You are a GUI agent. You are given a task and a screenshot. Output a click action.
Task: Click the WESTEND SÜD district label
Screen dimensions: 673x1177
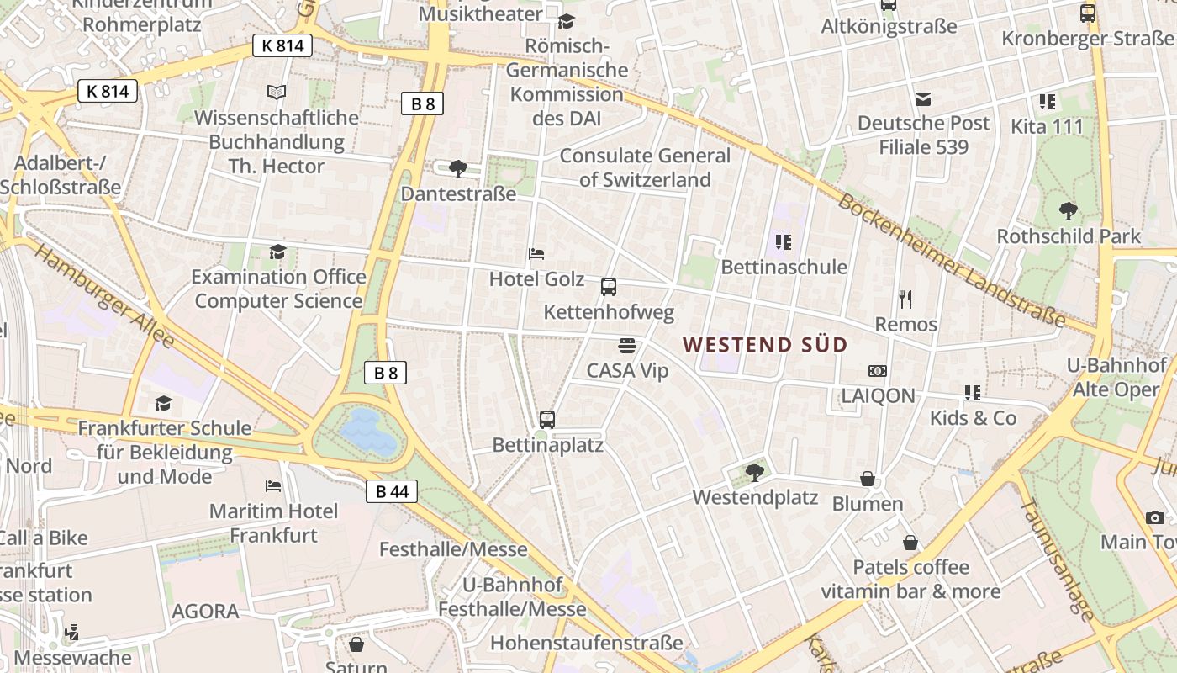coord(765,345)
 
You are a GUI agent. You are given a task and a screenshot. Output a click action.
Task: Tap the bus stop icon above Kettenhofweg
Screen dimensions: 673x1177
coord(609,287)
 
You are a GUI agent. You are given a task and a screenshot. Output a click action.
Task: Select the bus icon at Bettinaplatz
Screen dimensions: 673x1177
coord(546,418)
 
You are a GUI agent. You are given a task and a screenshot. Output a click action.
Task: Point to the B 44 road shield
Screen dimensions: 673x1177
coord(392,491)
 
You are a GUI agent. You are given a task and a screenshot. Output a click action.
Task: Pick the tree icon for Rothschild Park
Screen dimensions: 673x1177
coord(1069,210)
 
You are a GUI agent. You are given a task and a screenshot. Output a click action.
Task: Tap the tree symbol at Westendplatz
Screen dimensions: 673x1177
coord(754,472)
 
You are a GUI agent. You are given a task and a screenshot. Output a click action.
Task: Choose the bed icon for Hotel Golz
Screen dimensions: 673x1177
coord(536,253)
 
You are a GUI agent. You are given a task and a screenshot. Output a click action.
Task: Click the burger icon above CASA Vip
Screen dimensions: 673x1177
coord(626,345)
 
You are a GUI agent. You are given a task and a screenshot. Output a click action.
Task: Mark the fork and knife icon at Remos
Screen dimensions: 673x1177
coord(905,299)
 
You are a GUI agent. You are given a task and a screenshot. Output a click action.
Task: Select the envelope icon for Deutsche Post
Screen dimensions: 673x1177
coord(923,98)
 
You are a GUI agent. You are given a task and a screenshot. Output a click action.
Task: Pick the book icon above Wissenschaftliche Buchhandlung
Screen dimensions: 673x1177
coord(277,92)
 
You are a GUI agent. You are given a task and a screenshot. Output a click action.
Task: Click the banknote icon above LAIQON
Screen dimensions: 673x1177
coord(878,370)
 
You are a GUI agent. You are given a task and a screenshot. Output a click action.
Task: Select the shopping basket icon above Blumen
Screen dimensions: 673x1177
coord(868,479)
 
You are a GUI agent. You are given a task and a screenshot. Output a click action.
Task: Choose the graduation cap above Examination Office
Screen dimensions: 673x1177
coord(277,252)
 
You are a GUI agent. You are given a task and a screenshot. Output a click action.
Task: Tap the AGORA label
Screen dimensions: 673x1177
coord(205,612)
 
